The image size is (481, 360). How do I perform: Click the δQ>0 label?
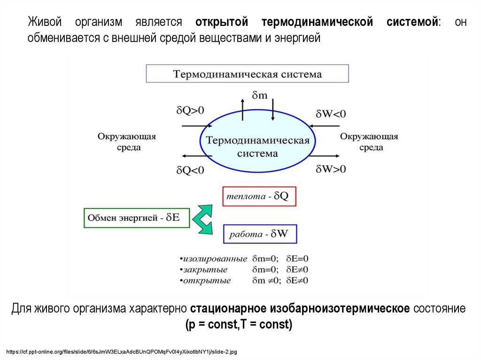click(190, 111)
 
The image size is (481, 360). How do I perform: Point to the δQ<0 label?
click(190, 169)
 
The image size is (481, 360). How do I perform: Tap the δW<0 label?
click(331, 114)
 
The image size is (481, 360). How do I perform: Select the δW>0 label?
click(331, 169)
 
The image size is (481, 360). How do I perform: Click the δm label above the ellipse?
click(259, 95)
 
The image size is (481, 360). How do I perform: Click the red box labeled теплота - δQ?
click(259, 196)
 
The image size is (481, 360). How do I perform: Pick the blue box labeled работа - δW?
click(260, 233)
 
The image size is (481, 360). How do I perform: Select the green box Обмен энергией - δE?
click(136, 218)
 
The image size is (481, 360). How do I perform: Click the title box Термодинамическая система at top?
click(248, 74)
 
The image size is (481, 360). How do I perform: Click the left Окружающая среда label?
click(126, 142)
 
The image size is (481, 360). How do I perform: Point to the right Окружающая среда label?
click(369, 142)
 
